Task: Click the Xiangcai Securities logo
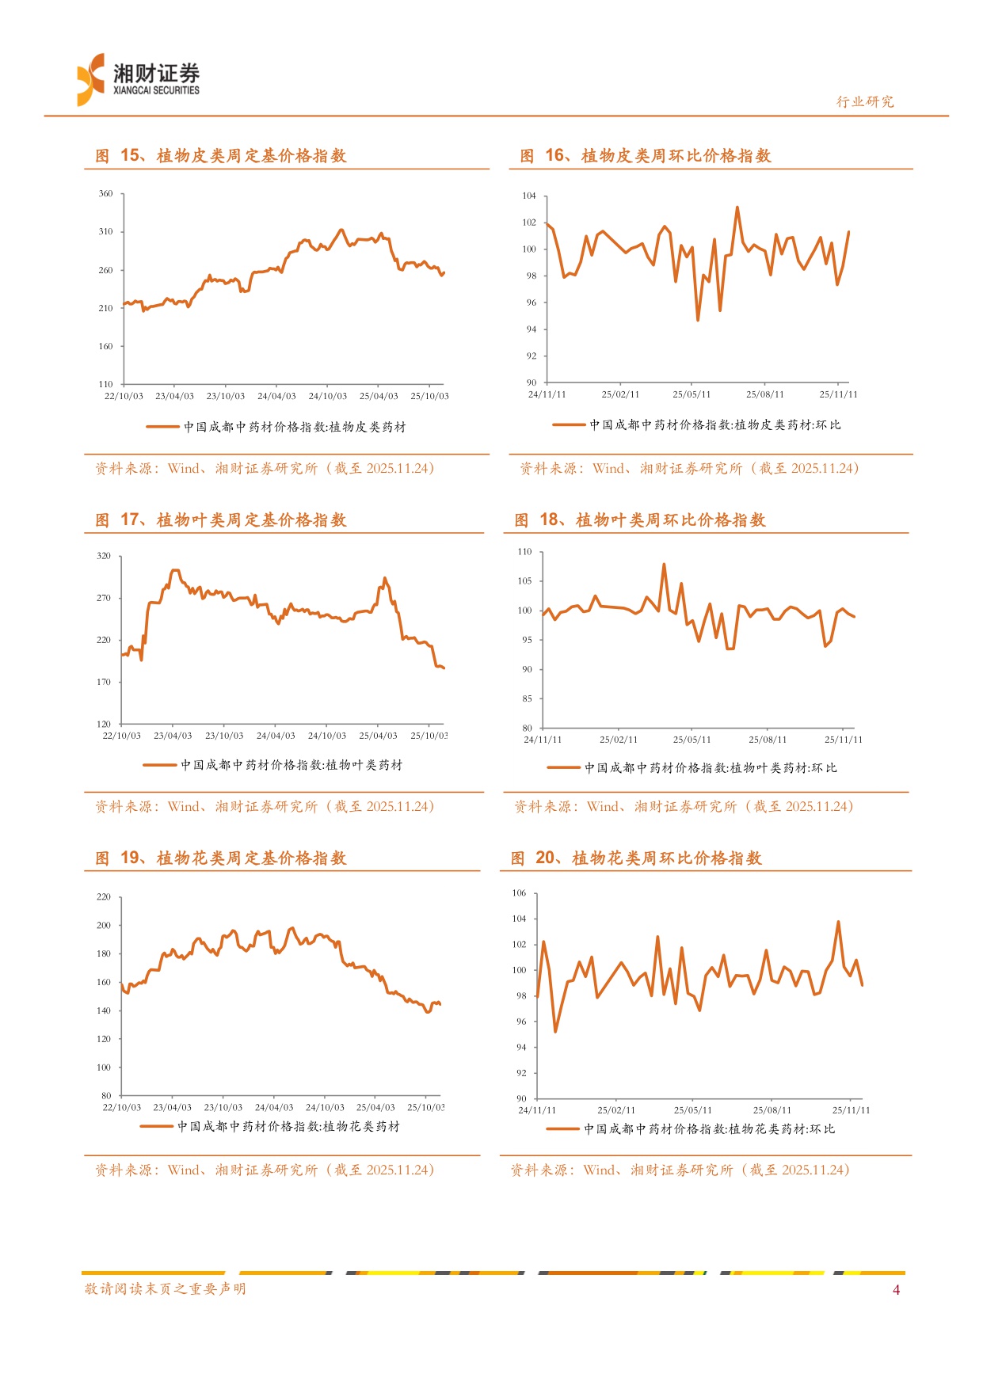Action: (139, 79)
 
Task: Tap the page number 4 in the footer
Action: (896, 1290)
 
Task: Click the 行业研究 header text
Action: (865, 101)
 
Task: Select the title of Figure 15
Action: (221, 156)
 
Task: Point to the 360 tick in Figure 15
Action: (105, 193)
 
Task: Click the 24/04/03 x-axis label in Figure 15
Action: (276, 396)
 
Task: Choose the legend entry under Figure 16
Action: (697, 425)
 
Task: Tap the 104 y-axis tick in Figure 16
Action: (529, 196)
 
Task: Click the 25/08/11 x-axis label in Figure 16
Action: (765, 394)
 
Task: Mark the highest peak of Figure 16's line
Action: (737, 207)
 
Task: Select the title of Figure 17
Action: (221, 520)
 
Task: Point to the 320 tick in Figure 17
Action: (104, 556)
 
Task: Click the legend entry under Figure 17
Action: (273, 765)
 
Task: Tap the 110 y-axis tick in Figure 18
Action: (524, 552)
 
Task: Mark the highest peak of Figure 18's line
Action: (664, 565)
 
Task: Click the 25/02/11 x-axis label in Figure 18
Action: (619, 740)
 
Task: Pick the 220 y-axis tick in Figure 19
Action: (104, 897)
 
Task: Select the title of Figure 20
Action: (636, 858)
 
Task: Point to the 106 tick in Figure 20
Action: (519, 893)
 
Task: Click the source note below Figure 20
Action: (680, 1170)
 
